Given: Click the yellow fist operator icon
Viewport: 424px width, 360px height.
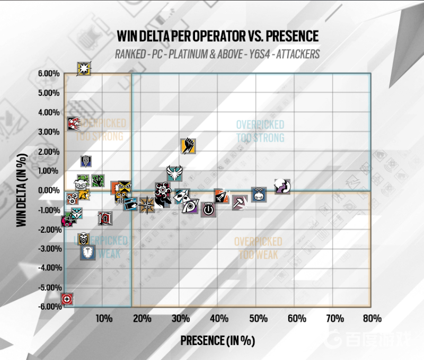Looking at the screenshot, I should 188,145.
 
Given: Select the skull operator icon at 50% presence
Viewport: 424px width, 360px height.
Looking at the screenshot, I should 259,194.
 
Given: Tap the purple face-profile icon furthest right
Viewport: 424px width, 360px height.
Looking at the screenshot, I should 283,186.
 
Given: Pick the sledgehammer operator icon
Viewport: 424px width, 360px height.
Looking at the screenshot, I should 240,202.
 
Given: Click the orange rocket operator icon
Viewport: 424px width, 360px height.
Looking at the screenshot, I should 222,196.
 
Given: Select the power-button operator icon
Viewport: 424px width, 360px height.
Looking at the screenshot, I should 208,209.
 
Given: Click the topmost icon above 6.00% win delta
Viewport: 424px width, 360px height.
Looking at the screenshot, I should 84,68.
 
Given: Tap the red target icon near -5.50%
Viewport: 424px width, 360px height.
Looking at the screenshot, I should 67,300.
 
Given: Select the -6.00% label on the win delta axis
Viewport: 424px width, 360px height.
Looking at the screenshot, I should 48,306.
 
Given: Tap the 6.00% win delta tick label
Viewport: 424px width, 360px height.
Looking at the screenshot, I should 49,74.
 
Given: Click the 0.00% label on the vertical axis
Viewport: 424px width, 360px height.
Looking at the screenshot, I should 49,190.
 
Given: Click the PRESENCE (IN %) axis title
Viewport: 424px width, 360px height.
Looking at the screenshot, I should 217,340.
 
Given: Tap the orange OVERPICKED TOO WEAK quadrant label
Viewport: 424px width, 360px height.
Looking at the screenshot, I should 259,248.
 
